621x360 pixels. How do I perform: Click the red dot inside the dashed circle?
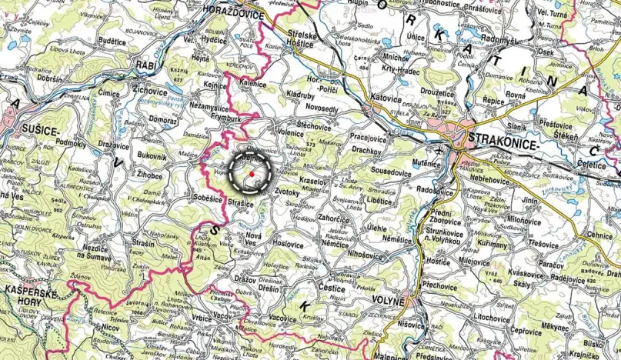coord(252,175)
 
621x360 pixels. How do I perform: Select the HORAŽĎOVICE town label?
coord(232,13)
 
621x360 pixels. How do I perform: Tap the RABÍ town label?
coord(146,65)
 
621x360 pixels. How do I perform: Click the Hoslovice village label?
coord(287,244)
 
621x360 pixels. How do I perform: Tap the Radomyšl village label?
coord(477,39)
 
